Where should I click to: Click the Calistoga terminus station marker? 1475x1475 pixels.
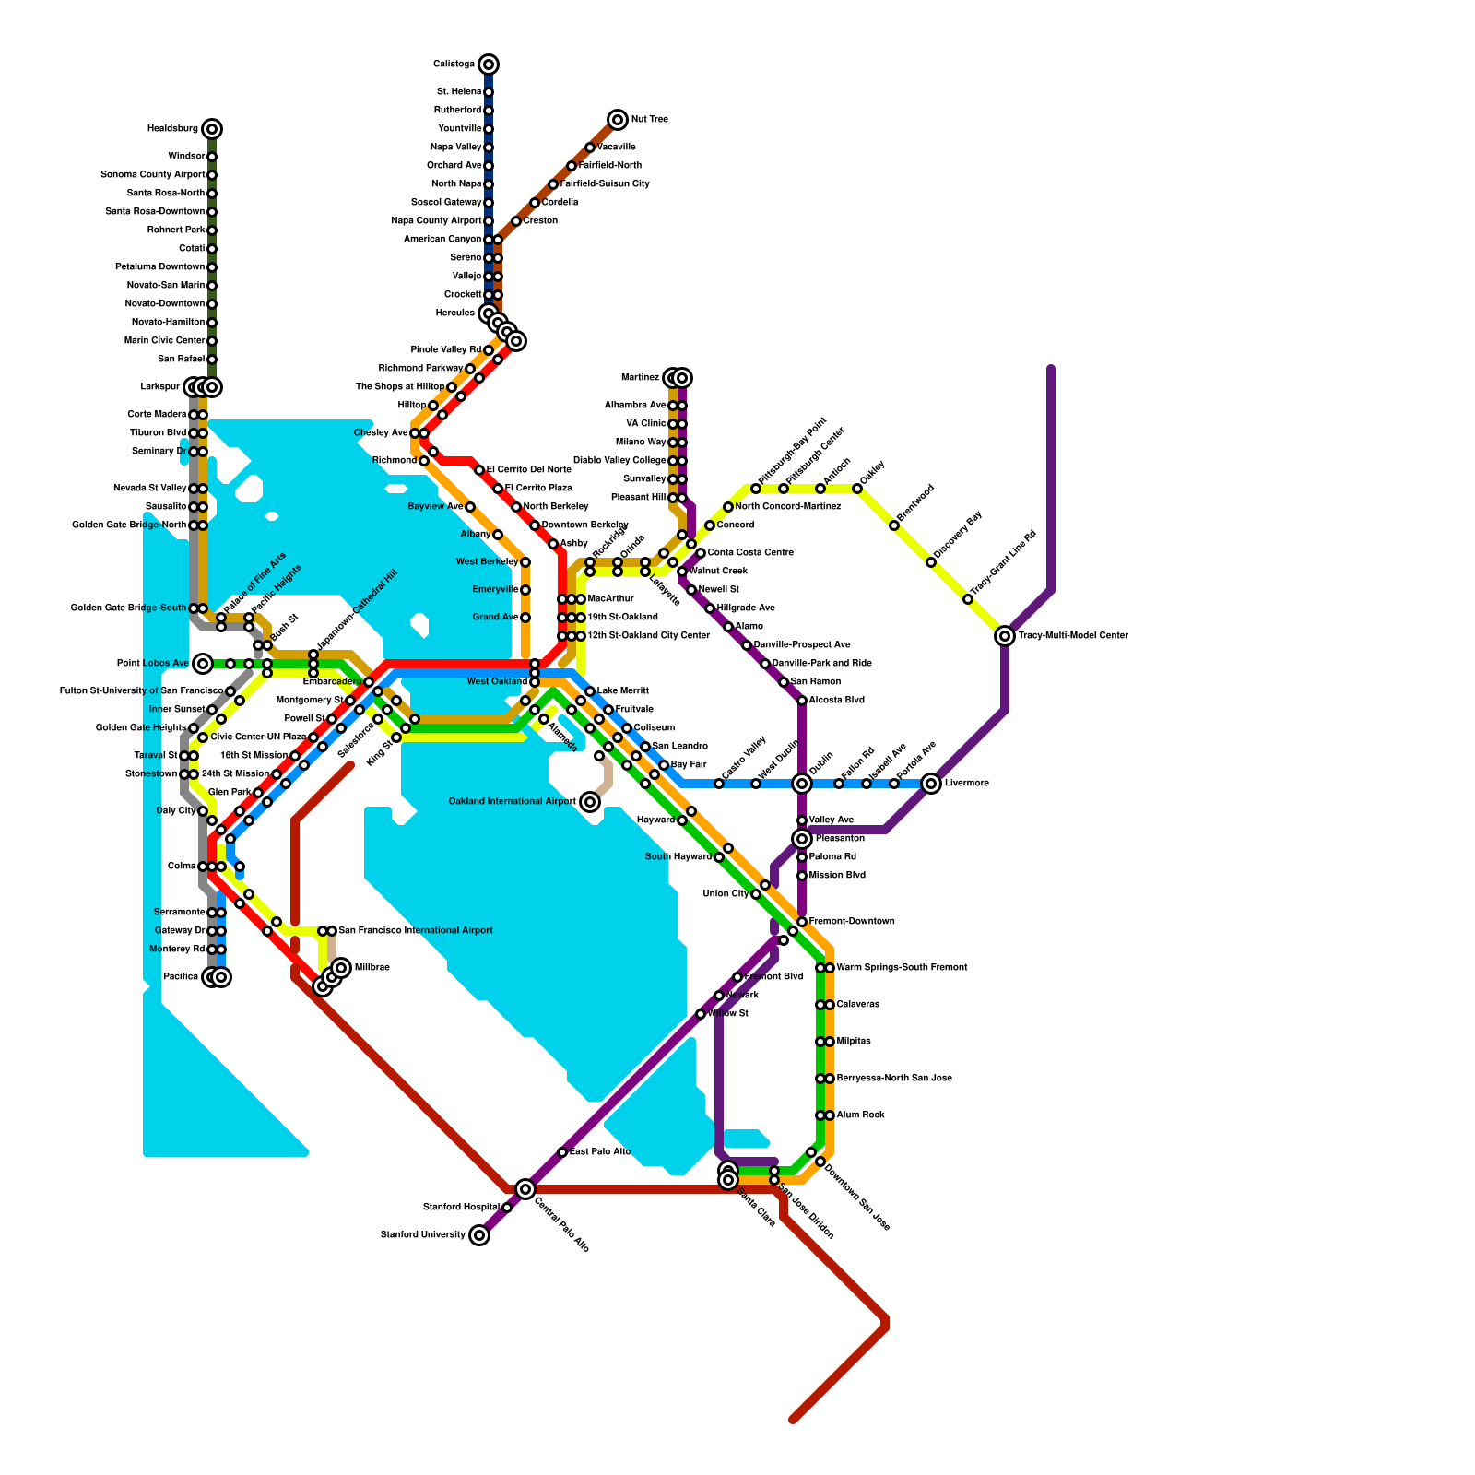[x=489, y=65]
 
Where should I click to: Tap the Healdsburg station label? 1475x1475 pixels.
[x=172, y=129]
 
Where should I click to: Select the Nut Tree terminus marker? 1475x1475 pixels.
[x=618, y=120]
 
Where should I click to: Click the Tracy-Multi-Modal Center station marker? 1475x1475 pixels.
[x=1005, y=636]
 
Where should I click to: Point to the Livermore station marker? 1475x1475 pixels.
[x=931, y=784]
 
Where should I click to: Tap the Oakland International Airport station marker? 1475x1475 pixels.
[x=590, y=802]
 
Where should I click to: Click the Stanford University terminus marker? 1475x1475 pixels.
[x=479, y=1235]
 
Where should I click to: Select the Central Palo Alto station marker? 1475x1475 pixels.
[x=525, y=1189]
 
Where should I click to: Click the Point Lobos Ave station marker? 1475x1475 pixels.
[x=203, y=664]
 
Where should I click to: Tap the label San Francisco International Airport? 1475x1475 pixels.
[x=416, y=931]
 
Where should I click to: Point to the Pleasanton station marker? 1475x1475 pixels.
[x=802, y=839]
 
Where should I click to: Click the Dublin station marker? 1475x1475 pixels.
[x=802, y=784]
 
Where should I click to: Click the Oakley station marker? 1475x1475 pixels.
[x=857, y=489]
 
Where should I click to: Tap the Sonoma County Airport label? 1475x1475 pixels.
[x=152, y=175]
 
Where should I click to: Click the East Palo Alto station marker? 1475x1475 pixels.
[x=562, y=1152]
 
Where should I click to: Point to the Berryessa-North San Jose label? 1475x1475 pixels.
[x=894, y=1079]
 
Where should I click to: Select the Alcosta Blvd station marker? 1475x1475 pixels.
[x=802, y=701]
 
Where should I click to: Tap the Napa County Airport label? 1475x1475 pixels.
[x=436, y=221]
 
